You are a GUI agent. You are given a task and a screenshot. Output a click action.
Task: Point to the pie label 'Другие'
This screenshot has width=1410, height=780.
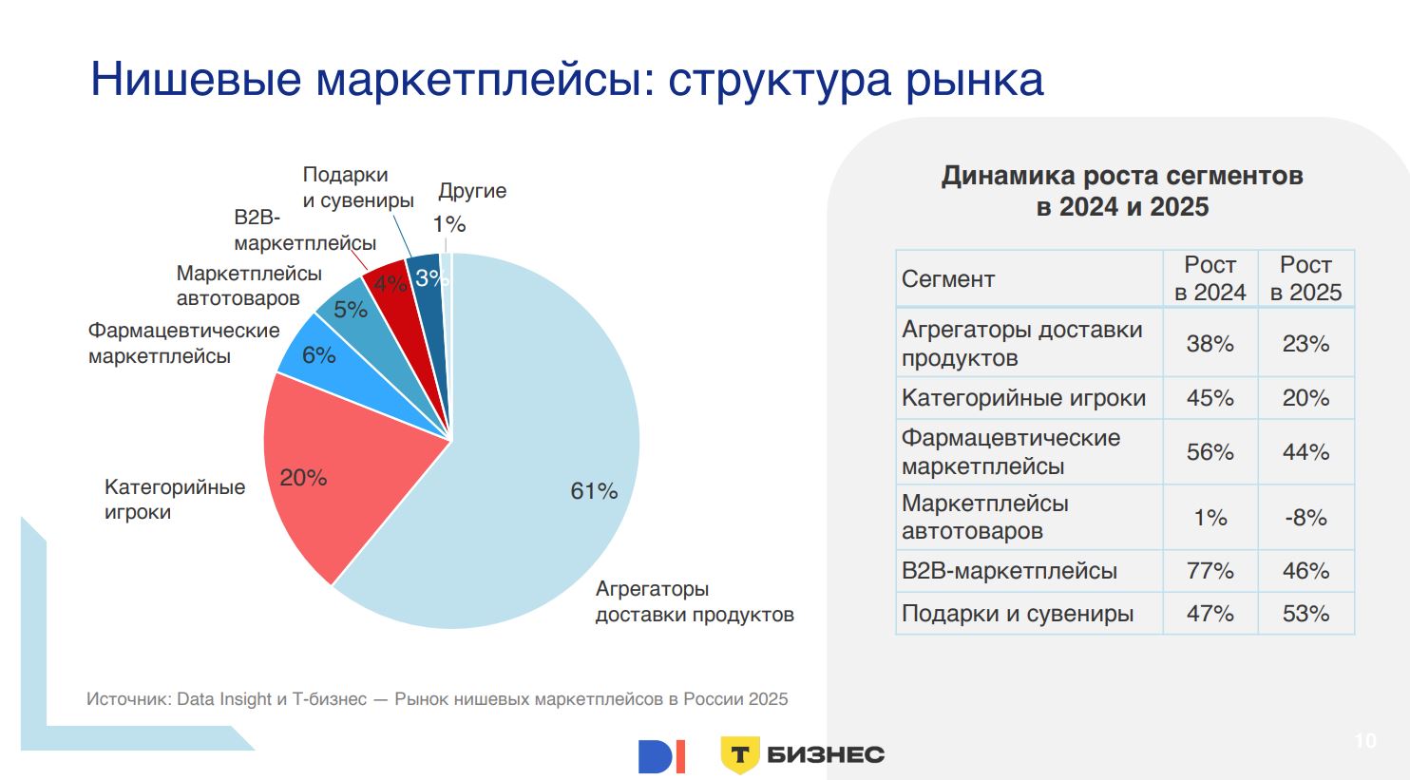tap(472, 191)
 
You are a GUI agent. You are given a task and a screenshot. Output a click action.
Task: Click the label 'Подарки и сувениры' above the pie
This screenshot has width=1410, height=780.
tap(358, 187)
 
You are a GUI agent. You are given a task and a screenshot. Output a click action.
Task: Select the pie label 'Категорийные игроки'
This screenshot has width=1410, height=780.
tap(175, 499)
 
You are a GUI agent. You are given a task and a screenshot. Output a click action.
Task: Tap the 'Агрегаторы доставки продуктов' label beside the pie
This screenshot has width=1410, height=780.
tap(694, 601)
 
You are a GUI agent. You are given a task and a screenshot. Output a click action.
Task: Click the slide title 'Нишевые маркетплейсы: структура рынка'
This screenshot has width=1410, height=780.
tap(567, 79)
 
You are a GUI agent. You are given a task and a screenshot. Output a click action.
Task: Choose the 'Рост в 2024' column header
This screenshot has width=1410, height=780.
tap(1210, 278)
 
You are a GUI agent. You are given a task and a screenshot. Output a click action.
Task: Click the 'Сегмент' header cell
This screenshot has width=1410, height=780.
tap(948, 279)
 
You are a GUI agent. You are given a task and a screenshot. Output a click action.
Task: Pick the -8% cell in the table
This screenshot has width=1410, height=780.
tap(1305, 518)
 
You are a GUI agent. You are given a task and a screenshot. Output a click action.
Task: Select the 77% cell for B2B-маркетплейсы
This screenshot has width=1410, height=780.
tap(1210, 571)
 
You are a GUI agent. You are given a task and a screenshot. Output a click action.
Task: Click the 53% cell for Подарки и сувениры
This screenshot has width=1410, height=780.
tap(1305, 614)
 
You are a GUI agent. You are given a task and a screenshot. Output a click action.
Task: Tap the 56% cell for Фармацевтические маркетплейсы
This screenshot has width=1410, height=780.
tap(1210, 452)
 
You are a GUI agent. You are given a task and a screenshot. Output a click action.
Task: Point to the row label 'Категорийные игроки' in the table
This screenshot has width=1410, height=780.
tap(1023, 398)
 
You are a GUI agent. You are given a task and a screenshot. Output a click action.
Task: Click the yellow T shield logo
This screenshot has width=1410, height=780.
tap(739, 755)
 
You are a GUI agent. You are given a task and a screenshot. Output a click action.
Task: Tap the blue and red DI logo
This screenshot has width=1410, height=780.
tap(661, 756)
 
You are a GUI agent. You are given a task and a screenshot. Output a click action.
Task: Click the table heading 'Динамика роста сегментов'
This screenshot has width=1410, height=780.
tap(1122, 177)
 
